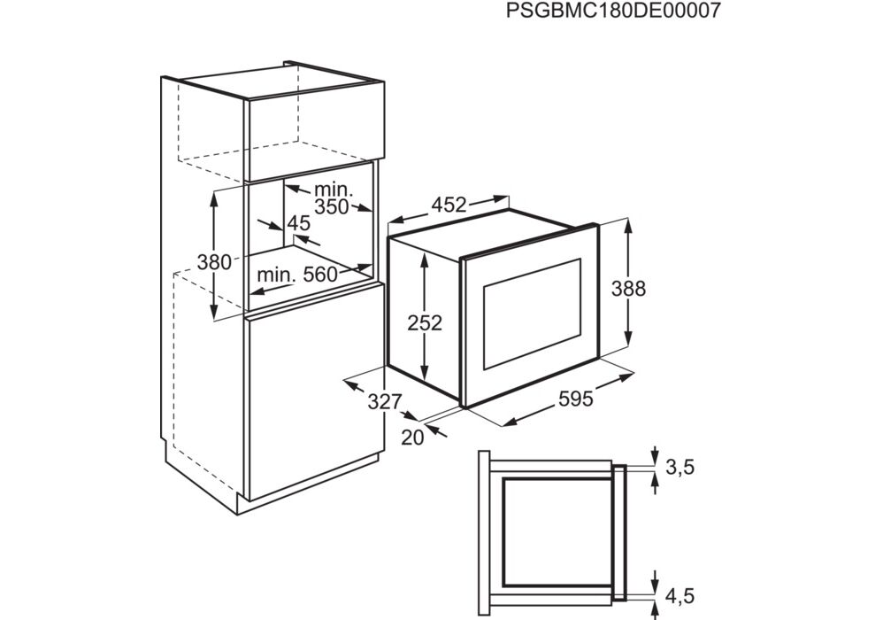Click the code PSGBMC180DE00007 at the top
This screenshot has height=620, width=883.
(613, 10)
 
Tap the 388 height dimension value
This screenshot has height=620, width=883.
(628, 289)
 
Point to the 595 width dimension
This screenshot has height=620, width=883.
(575, 399)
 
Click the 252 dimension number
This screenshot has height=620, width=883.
(426, 323)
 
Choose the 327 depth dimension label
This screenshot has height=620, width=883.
(385, 402)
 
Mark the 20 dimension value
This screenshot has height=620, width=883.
(413, 438)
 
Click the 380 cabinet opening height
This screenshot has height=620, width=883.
(214, 262)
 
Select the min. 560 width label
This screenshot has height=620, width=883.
(296, 275)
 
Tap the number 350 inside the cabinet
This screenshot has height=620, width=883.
(332, 207)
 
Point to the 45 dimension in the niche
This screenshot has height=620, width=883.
(298, 224)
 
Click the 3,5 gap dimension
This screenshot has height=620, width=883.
(680, 467)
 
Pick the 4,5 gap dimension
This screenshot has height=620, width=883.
(680, 596)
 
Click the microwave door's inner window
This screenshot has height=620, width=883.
(532, 314)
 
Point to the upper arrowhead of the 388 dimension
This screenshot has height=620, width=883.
(628, 225)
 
